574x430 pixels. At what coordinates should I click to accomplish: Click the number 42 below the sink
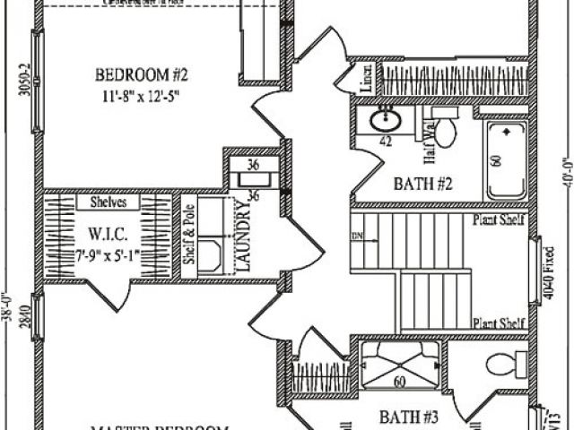coord(387,141)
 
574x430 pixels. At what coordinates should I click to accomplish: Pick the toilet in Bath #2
coord(443,129)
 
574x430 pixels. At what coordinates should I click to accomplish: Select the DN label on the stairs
coord(356,236)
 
